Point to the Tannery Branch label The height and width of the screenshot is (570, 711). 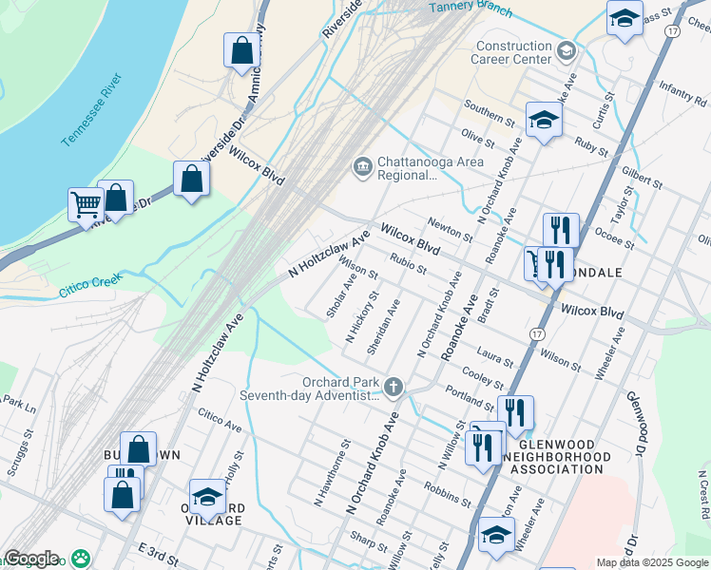coord(471,9)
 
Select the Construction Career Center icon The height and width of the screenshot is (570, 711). coord(567,49)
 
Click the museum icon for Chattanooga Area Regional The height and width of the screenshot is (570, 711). coord(362,167)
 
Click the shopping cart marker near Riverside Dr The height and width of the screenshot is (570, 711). coord(86,203)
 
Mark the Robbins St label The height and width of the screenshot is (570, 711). coord(448,494)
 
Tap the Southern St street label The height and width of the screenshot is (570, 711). coord(490,113)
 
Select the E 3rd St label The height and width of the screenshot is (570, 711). coord(158,554)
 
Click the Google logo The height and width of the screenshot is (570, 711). coord(31,559)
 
